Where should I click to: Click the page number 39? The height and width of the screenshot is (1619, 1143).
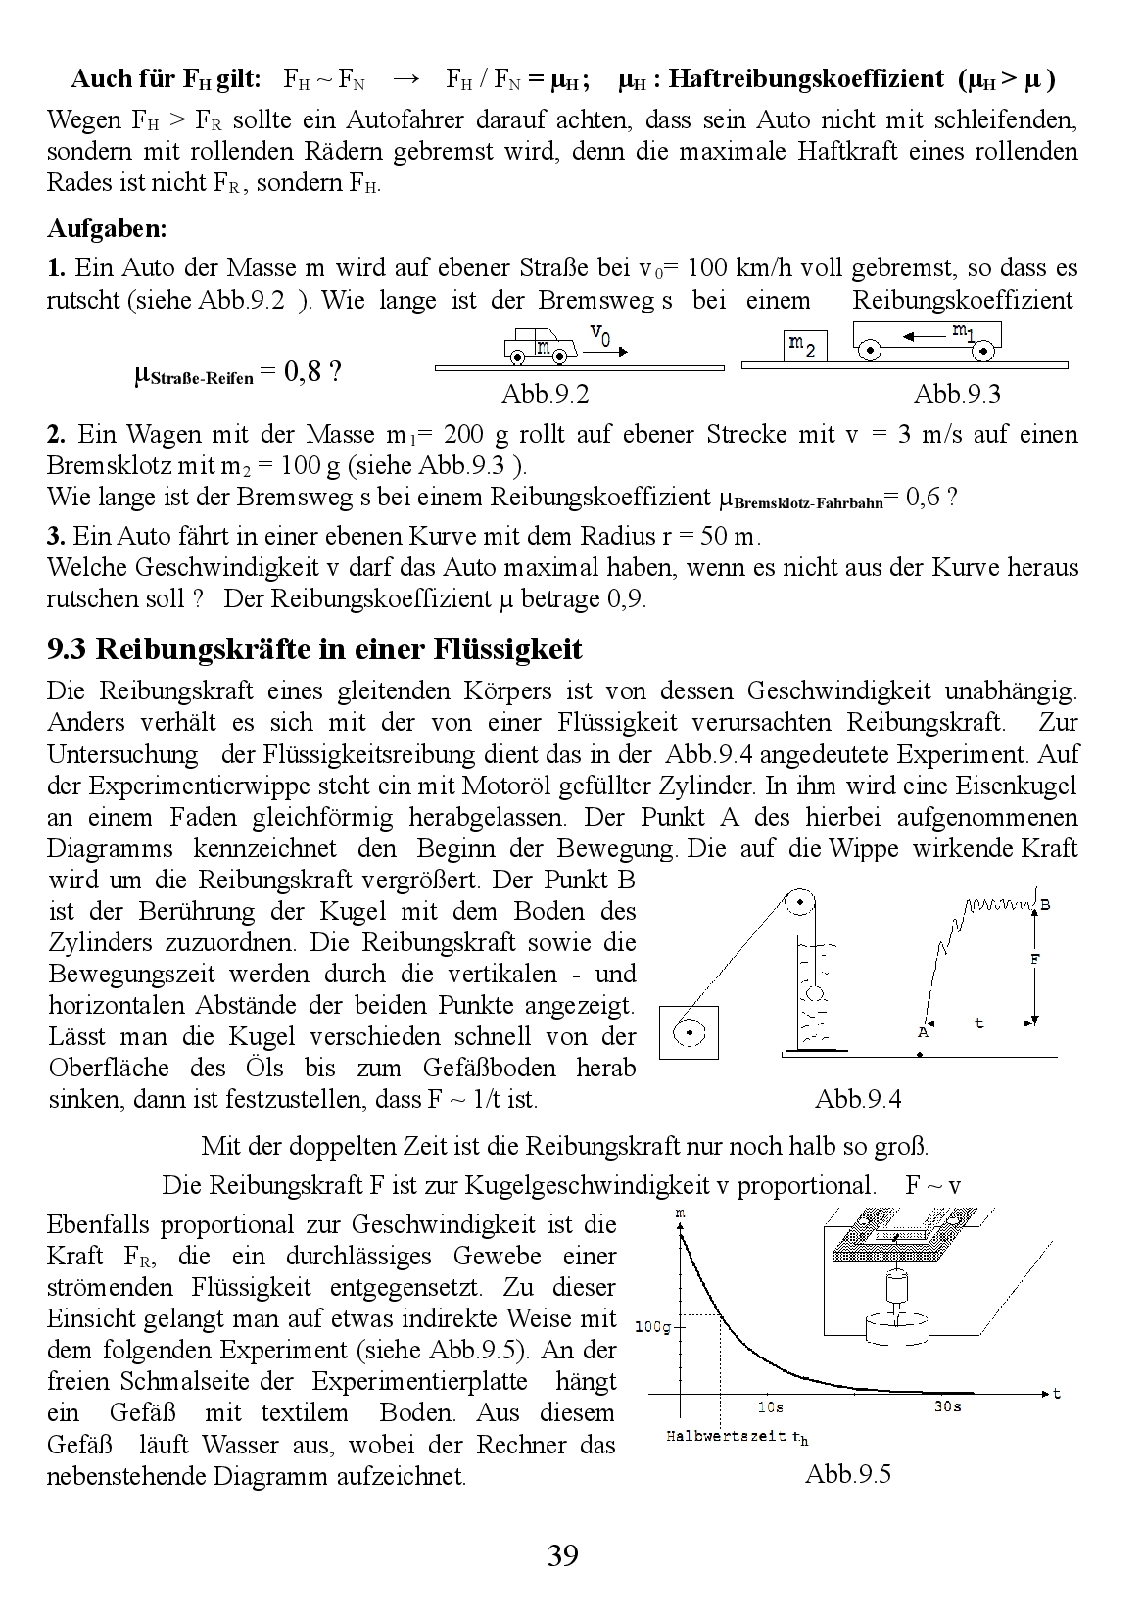(563, 1555)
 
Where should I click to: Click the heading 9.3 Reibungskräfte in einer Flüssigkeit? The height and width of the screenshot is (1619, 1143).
(314, 648)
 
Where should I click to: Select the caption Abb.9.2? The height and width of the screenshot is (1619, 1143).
(545, 394)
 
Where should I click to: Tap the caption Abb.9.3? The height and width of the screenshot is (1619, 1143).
(957, 394)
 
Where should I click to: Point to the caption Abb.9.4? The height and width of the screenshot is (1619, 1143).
(858, 1099)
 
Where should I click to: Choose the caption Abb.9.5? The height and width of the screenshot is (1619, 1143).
(848, 1474)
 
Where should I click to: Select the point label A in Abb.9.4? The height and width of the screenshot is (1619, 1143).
(922, 1032)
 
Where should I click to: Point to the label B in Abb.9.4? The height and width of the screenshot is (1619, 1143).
(1044, 905)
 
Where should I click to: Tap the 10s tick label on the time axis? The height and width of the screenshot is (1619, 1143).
(771, 1407)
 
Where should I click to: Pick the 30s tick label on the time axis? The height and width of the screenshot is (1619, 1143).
(946, 1407)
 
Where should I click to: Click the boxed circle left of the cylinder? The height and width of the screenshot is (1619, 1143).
(689, 1031)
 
